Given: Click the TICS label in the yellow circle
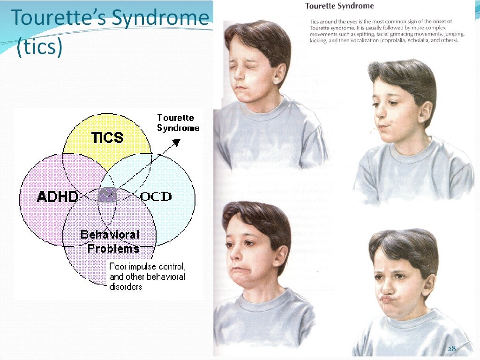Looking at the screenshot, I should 107,137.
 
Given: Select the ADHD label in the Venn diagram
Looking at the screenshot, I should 57,197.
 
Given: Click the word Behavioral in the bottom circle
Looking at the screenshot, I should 110,234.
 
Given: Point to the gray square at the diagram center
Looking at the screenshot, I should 107,194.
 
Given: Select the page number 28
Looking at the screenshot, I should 452,349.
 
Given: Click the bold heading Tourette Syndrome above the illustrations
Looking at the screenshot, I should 339,6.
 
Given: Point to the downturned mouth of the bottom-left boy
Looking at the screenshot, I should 241,271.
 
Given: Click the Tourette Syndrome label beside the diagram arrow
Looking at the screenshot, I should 178,123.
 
